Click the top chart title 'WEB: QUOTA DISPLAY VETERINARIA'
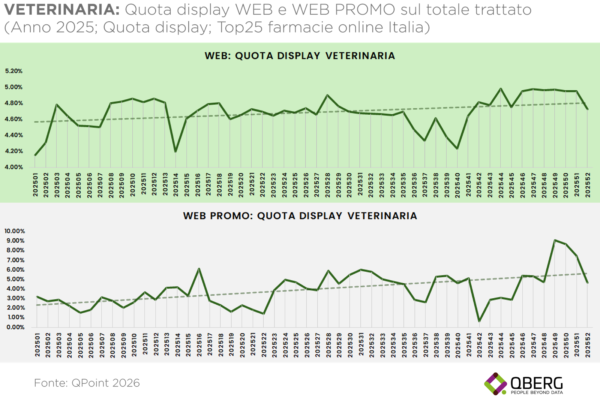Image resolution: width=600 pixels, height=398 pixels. [300, 56]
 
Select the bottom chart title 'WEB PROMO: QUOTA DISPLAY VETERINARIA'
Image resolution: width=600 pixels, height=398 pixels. [300, 216]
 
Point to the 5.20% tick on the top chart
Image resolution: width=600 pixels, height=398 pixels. [14, 71]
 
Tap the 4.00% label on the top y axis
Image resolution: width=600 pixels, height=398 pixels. [14, 167]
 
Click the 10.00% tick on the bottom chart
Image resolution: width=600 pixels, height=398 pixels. [15, 231]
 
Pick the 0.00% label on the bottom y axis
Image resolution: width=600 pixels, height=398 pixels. [15, 327]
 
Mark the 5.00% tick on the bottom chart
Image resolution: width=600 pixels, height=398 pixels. [15, 279]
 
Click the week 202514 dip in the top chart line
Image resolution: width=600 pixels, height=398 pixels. [175, 151]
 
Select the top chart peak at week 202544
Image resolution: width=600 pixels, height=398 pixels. [501, 89]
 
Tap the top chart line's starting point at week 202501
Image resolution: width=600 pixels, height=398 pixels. [35, 155]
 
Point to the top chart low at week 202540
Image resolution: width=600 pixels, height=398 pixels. [457, 149]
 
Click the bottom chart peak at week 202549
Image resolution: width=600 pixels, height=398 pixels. [555, 240]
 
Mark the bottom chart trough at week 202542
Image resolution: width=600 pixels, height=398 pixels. [479, 321]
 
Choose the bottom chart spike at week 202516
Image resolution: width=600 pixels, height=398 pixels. [199, 269]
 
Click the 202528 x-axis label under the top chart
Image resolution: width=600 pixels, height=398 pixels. [327, 185]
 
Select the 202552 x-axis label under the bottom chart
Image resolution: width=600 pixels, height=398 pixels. [588, 345]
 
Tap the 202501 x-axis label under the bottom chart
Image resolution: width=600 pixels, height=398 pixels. [37, 345]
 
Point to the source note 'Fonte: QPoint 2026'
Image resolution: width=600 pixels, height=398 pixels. [87, 383]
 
